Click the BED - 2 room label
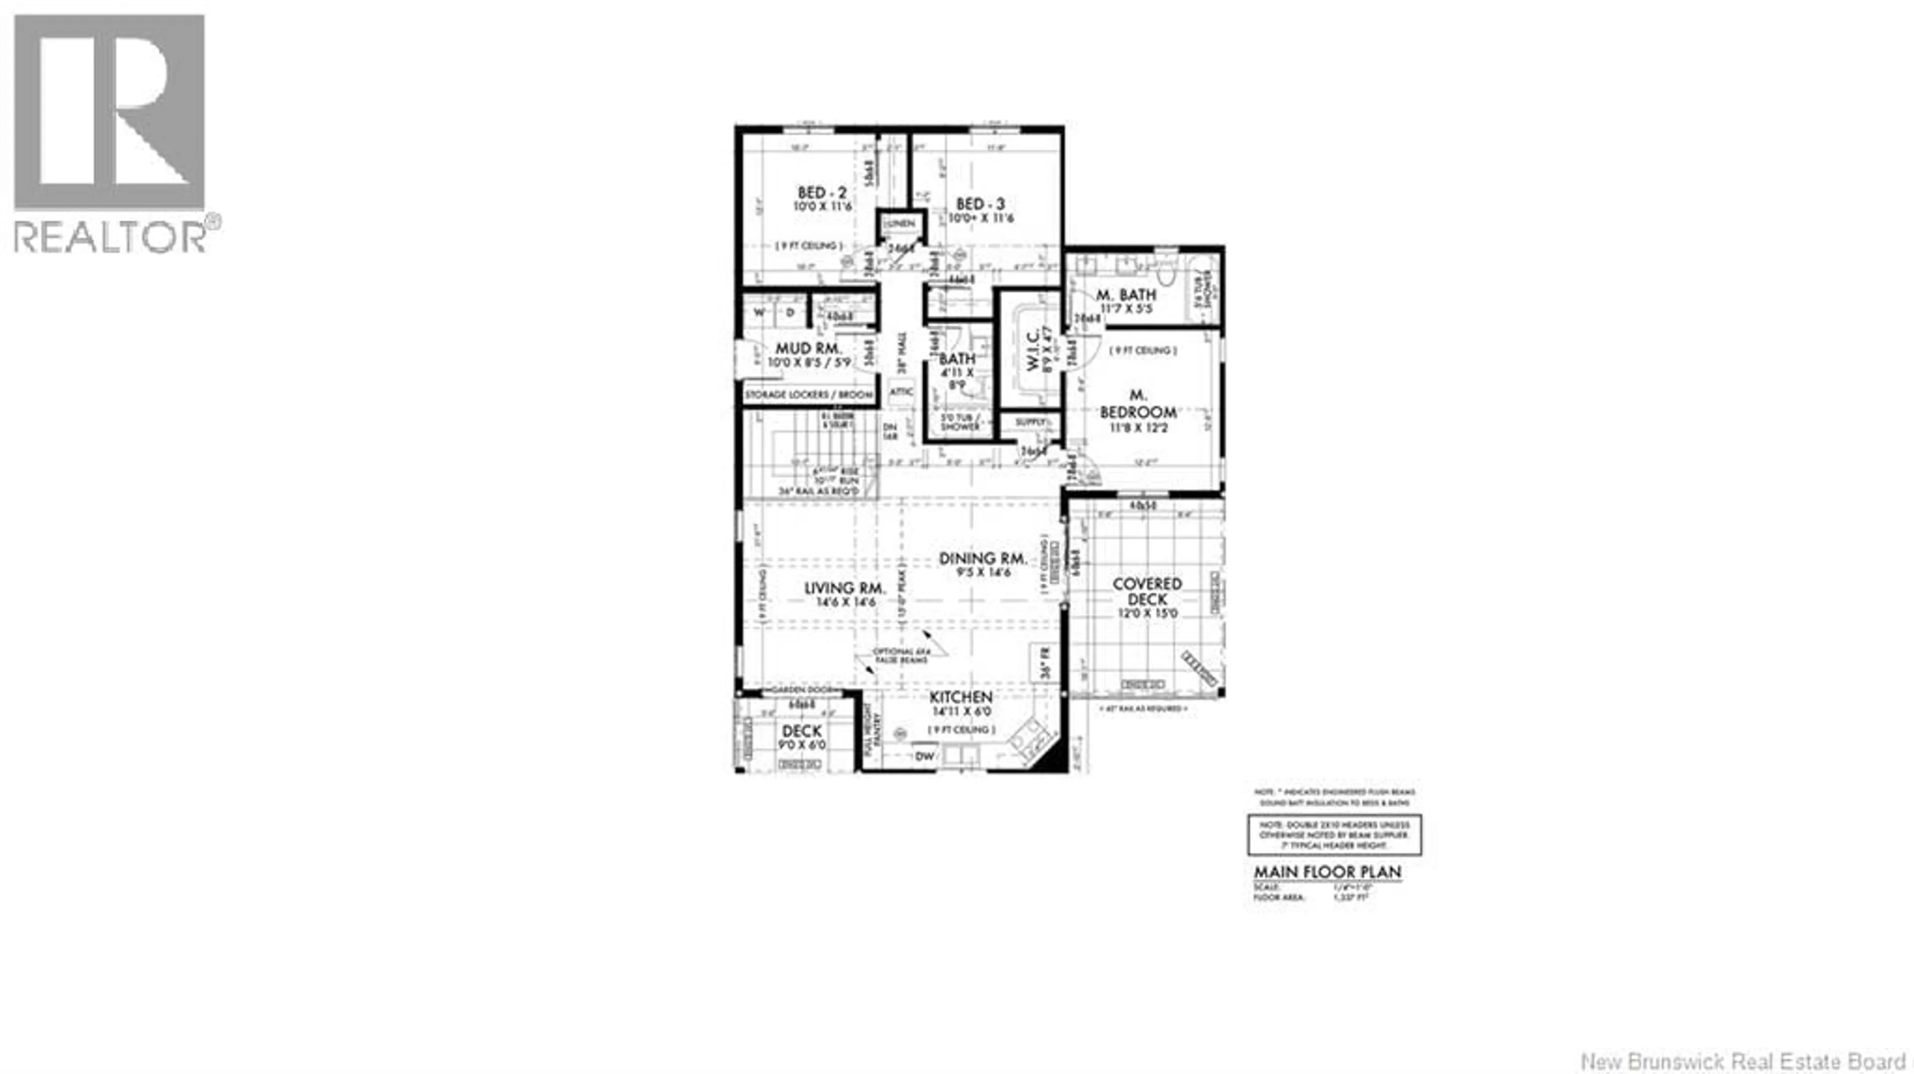[822, 193]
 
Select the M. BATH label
[1125, 295]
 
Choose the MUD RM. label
[808, 348]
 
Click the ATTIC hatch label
[901, 391]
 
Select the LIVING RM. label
[845, 588]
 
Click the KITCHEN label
[961, 697]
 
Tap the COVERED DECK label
[1147, 591]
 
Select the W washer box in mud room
[759, 312]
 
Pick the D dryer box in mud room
[790, 312]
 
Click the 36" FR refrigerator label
[1045, 663]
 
